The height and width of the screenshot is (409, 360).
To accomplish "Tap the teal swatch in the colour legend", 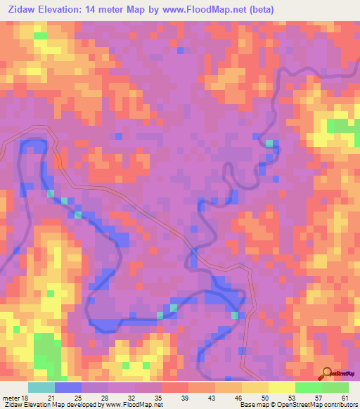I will point(41,388).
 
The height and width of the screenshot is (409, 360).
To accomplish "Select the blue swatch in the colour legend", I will point(68,388).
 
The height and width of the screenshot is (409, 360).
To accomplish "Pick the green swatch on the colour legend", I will point(309,388).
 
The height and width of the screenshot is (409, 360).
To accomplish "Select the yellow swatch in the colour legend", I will point(282,388).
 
